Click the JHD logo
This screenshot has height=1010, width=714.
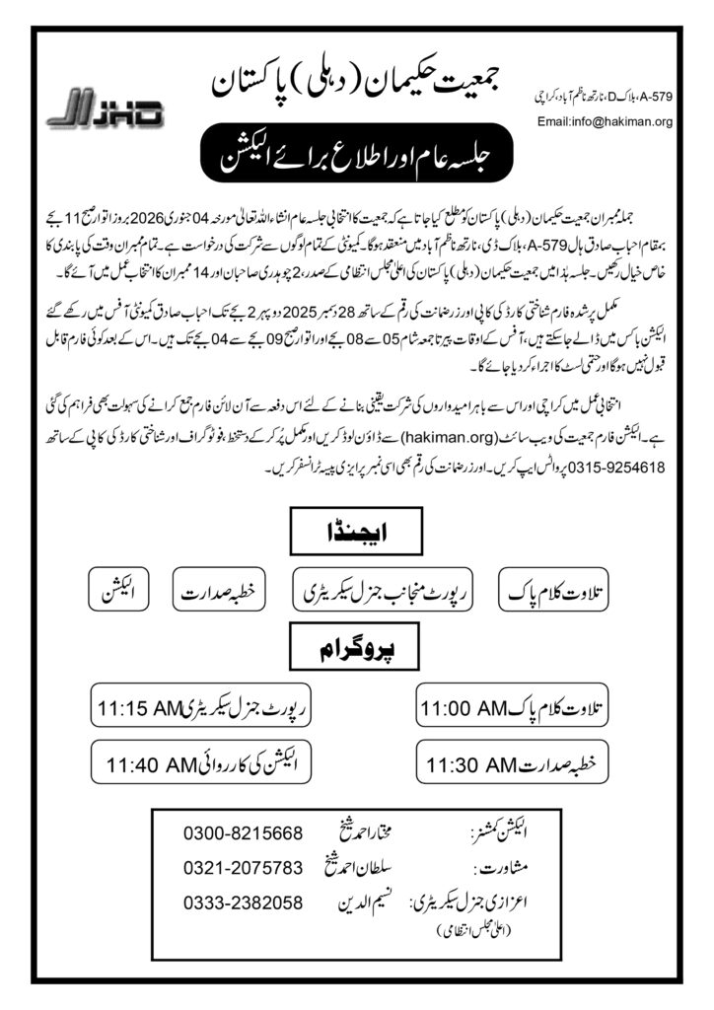coord(104,108)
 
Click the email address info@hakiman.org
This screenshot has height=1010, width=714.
coord(604,122)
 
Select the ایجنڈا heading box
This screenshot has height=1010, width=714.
coord(358,538)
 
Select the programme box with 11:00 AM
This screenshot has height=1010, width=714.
coord(519,707)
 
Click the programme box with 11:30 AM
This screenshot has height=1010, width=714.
coord(519,761)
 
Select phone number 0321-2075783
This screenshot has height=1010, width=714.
coord(243,868)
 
